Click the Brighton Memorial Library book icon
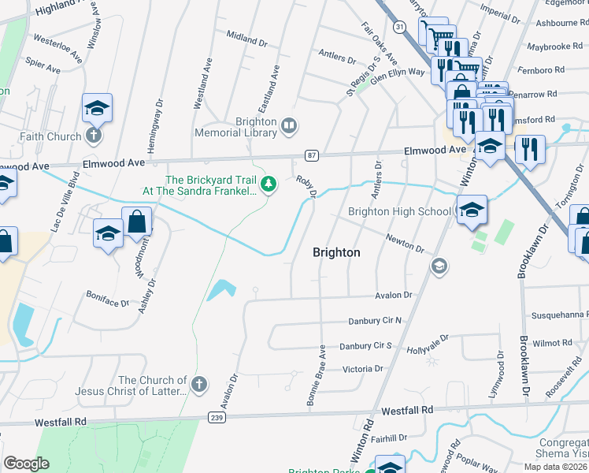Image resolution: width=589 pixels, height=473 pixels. point(290,125)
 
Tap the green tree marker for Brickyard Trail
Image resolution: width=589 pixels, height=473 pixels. point(269,184)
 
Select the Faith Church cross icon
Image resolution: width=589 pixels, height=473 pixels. point(93,136)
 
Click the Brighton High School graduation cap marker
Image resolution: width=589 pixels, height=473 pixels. point(472,210)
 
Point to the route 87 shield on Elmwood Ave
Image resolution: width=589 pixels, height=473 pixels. point(312,156)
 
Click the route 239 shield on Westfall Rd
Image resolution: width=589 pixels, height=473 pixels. point(217,416)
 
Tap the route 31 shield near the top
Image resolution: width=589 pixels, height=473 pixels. point(400,27)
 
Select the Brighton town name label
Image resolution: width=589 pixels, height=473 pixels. point(336,252)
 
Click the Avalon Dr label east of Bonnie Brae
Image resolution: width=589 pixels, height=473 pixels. point(394,295)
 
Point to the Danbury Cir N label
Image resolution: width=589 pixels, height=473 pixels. point(375,321)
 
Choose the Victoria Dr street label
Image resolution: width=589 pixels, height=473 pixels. point(361,368)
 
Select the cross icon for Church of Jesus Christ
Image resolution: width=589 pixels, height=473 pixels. point(199,384)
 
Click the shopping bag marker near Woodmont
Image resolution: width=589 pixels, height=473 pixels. point(136,222)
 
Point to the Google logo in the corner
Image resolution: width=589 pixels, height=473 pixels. point(26,464)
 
